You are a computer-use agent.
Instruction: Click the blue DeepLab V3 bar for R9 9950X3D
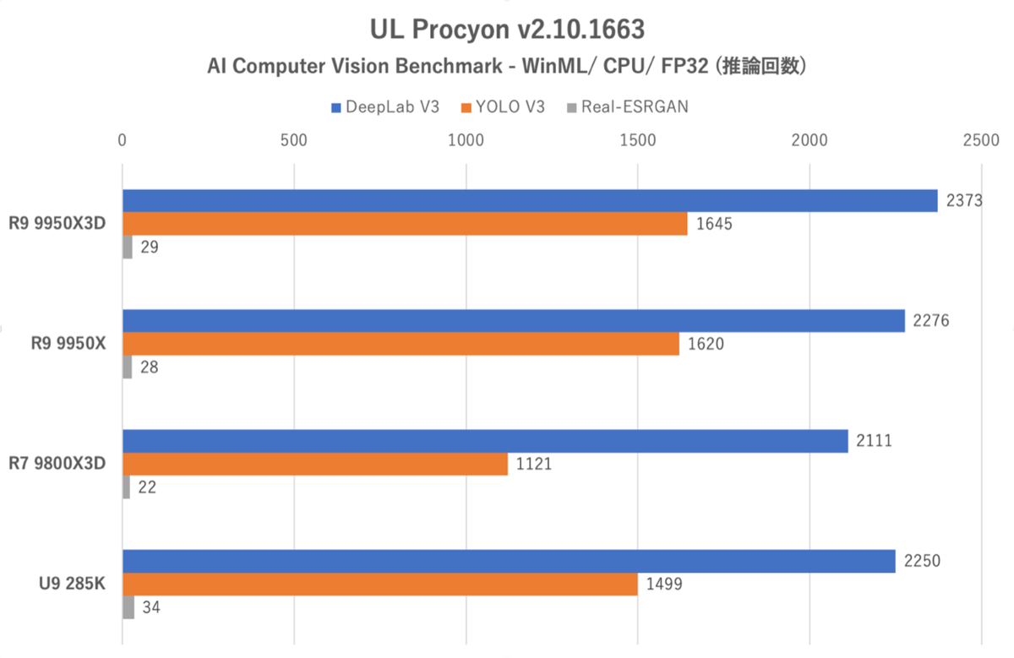(530, 200)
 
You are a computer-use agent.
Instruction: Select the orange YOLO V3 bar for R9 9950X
(401, 344)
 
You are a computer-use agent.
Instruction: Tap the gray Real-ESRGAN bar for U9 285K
(128, 607)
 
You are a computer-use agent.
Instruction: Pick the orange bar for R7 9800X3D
(315, 464)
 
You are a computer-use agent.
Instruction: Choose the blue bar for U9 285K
(509, 561)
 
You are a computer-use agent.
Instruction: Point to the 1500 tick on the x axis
(637, 139)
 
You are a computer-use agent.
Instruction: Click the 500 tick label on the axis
(293, 139)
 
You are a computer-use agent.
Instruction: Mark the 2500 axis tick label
(980, 139)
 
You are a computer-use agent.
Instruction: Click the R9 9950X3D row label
(58, 224)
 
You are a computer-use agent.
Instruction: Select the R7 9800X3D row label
(58, 464)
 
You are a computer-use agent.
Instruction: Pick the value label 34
(150, 607)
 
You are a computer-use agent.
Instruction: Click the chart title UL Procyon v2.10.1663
(507, 30)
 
